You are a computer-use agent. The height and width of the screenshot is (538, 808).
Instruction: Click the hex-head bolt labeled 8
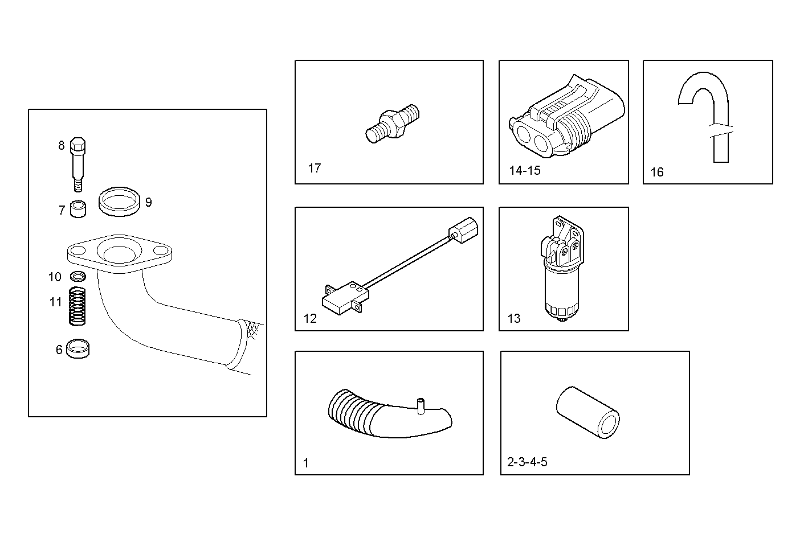point(79,162)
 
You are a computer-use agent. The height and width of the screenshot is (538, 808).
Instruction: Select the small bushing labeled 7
point(78,210)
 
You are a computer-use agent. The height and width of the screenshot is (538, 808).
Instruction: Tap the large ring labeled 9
point(120,202)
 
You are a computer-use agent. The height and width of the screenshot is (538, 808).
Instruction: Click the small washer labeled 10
point(78,277)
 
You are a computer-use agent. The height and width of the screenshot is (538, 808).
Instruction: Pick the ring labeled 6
point(77,349)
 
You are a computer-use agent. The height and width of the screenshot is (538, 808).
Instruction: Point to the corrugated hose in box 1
point(387,415)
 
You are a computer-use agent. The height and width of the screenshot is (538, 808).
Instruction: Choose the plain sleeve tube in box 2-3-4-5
point(588,412)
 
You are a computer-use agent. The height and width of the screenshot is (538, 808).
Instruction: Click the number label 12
point(310,319)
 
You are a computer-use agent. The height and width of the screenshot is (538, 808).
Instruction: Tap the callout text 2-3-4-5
point(527,462)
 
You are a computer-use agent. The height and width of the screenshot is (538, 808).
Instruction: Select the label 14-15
point(524,171)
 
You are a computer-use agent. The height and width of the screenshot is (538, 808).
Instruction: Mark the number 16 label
point(656,172)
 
